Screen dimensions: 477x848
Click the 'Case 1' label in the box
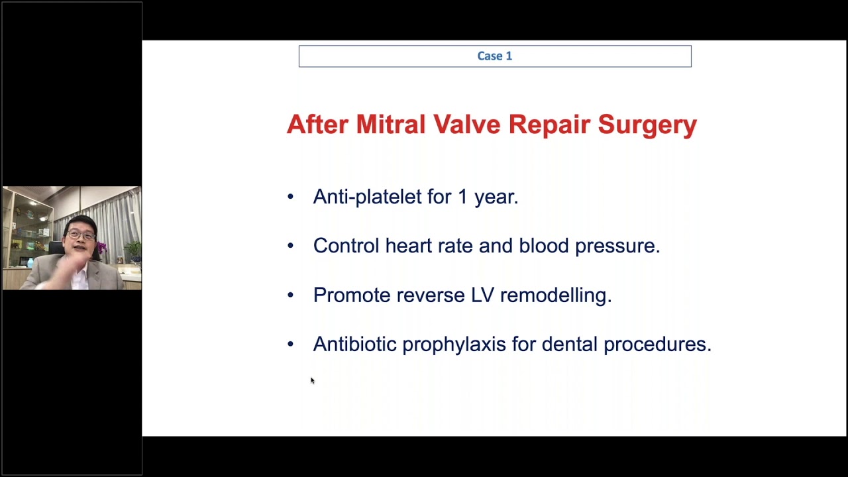494,56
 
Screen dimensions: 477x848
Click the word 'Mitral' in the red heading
390,125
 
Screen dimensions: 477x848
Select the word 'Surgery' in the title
647,125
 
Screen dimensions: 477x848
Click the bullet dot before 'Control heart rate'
290,246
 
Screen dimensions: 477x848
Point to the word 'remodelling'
555,295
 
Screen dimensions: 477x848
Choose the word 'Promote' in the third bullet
352,295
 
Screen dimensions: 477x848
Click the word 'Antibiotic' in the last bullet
354,344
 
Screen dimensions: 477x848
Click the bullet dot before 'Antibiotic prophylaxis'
290,344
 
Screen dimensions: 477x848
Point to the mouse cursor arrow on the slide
312,380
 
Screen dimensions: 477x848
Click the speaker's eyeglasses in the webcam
81,235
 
